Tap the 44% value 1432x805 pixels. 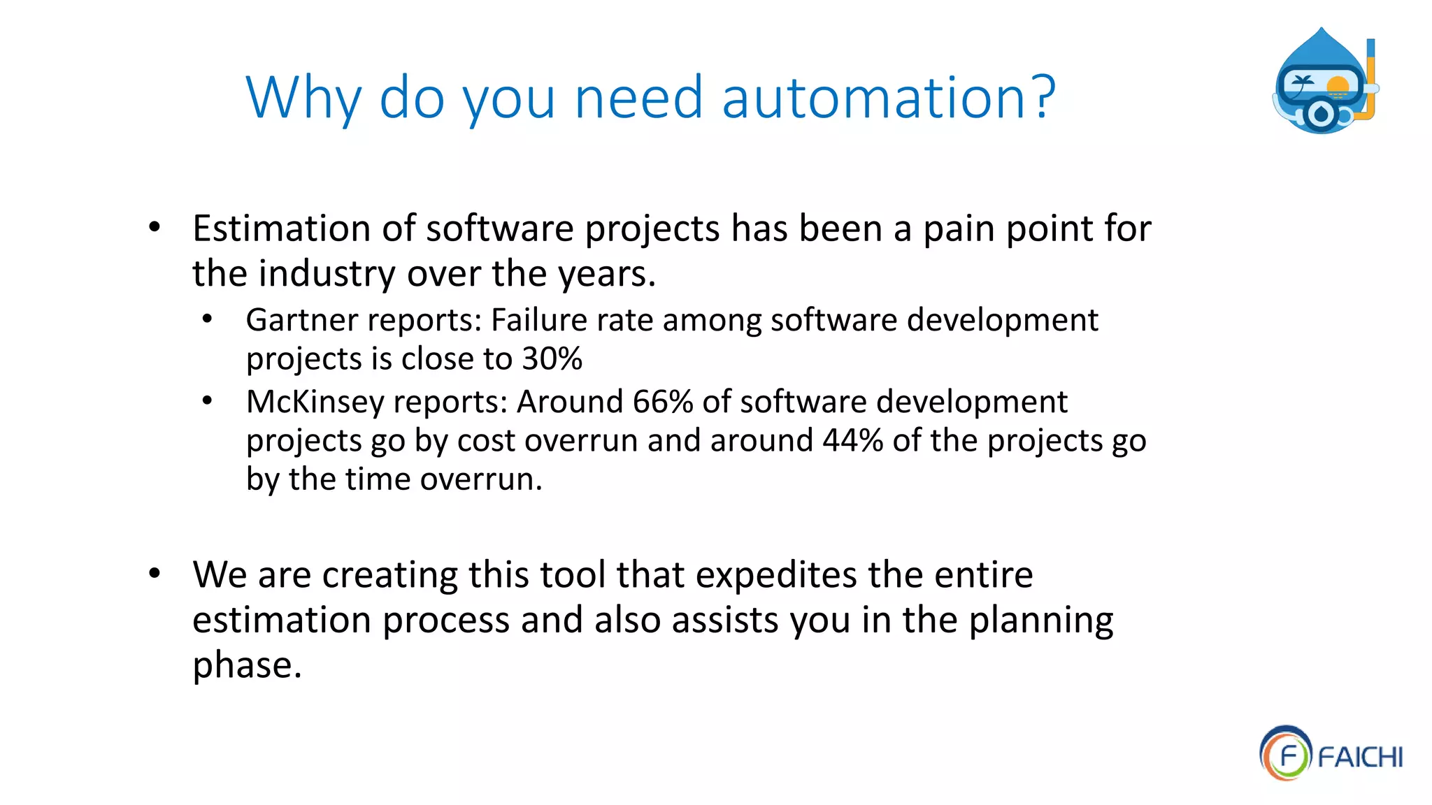coord(852,441)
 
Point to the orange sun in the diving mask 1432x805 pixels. coord(1337,87)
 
